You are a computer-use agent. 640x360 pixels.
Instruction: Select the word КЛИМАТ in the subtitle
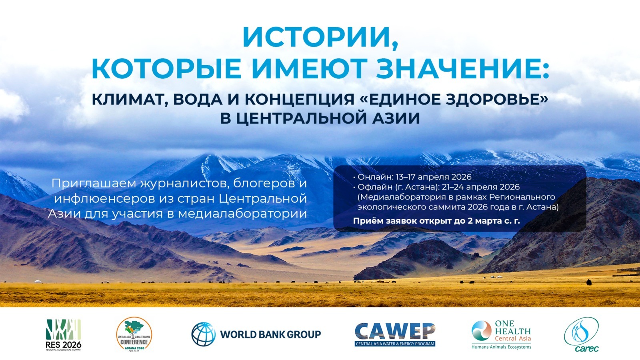128,100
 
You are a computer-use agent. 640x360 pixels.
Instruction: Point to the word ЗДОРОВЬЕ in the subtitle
489,99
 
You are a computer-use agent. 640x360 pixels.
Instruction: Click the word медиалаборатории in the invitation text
242,214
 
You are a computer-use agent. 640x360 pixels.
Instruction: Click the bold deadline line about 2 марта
436,221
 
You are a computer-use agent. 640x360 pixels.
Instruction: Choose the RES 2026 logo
64,335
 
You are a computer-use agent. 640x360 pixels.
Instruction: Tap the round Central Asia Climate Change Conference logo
134,334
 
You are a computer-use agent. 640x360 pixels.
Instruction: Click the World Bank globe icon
204,334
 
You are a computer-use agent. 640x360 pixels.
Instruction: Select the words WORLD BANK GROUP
270,334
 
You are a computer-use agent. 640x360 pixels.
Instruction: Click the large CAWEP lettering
395,332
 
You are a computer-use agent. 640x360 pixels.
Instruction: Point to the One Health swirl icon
482,330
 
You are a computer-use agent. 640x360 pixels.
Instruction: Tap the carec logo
582,334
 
